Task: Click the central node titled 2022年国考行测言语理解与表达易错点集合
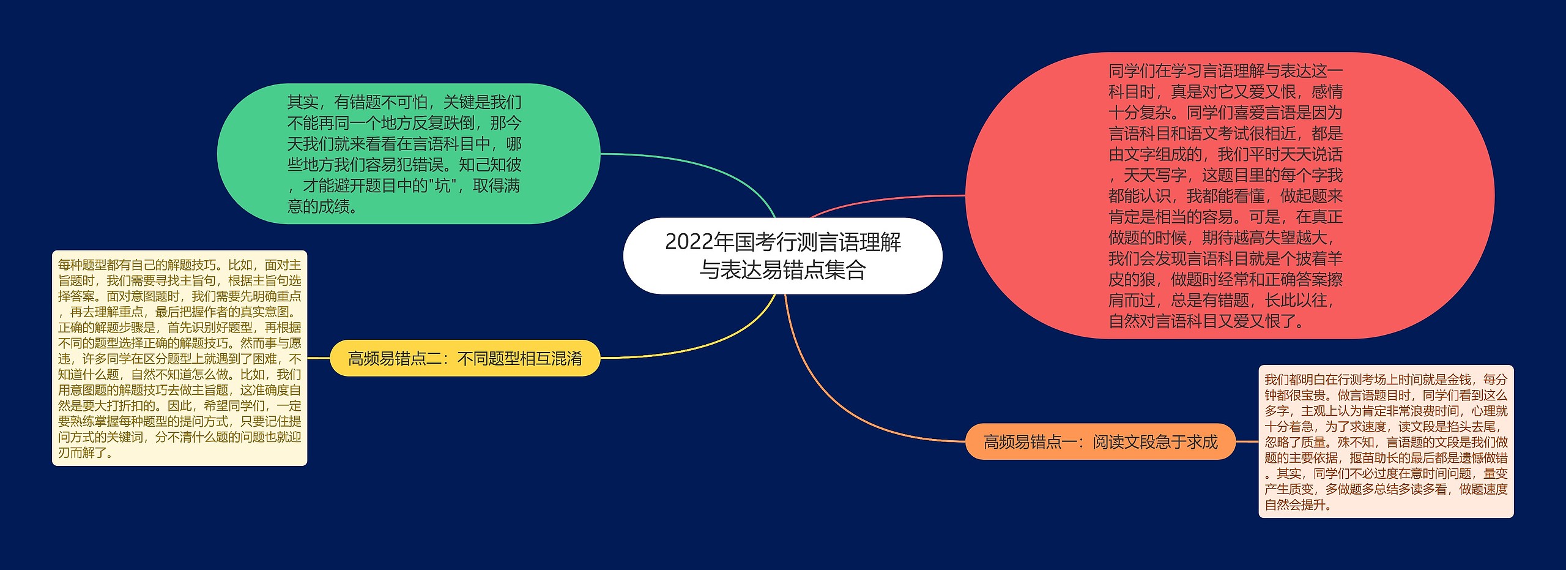point(782,256)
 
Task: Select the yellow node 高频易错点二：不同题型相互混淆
point(465,358)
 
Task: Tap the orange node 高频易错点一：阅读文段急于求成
point(1100,441)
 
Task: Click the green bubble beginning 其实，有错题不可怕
point(408,154)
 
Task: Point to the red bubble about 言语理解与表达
point(1230,195)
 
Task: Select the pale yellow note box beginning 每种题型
point(179,358)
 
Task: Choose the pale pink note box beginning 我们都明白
point(1386,441)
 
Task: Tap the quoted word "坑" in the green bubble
point(442,186)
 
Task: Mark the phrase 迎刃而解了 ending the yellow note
point(86,453)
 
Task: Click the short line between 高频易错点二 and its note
point(318,358)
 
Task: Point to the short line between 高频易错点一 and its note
point(1247,441)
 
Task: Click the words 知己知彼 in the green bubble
point(490,165)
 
